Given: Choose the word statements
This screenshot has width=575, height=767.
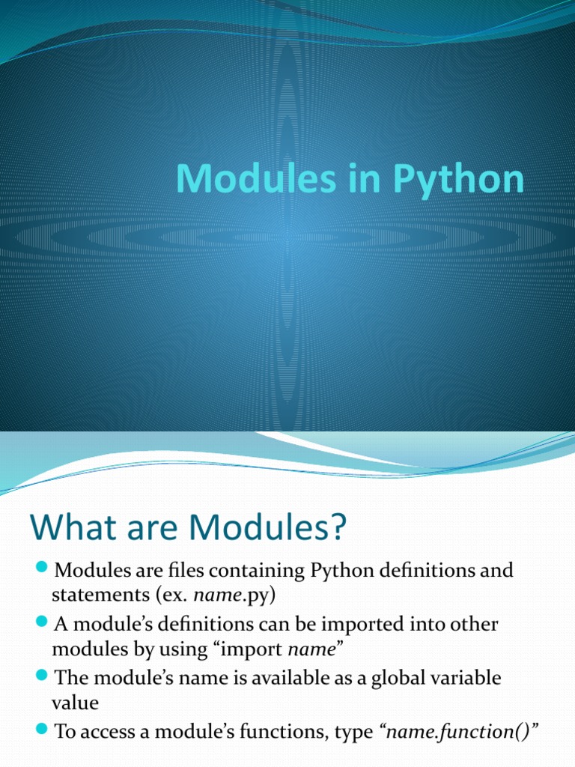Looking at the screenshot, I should pyautogui.click(x=96, y=597).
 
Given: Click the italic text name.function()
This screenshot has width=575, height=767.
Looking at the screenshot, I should pyautogui.click(x=463, y=733).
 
